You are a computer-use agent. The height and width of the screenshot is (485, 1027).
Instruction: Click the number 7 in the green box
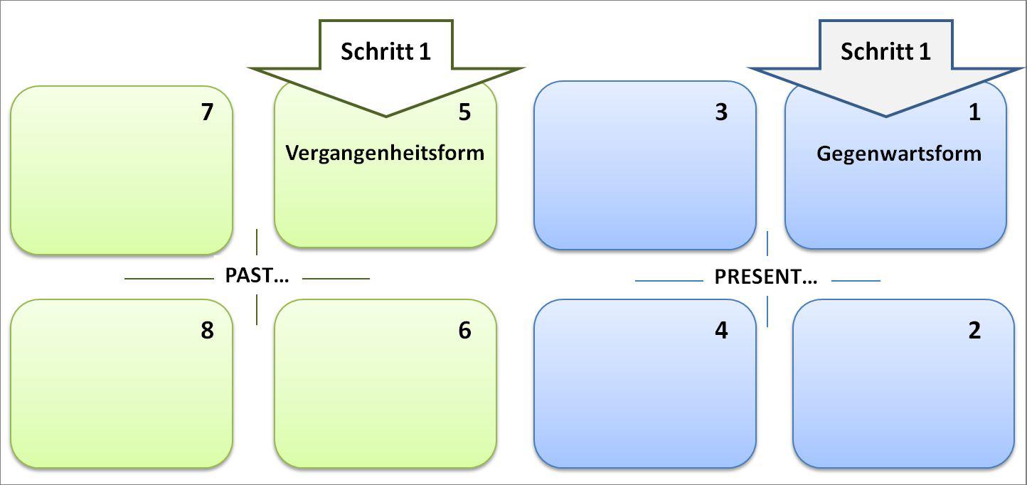click(x=207, y=112)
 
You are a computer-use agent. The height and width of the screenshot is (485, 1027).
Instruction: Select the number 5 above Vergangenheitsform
click(x=464, y=112)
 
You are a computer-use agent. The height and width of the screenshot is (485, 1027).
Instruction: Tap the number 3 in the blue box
click(x=721, y=112)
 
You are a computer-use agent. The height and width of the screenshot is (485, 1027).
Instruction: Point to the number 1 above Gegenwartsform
click(x=974, y=112)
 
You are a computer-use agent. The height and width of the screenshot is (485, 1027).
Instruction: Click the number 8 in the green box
click(x=207, y=331)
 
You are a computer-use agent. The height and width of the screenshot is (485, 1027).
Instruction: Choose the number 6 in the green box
click(x=464, y=331)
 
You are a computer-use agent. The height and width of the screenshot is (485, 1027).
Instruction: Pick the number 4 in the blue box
click(x=721, y=331)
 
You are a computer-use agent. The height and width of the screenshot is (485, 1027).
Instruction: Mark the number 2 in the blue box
click(x=974, y=331)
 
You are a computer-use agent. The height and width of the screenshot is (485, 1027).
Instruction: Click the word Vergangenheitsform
click(x=385, y=153)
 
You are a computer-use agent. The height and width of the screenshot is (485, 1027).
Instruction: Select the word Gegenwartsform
click(x=898, y=154)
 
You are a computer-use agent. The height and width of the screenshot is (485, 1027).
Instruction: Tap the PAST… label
click(x=257, y=276)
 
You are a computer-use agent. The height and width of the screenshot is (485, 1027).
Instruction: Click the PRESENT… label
click(x=766, y=277)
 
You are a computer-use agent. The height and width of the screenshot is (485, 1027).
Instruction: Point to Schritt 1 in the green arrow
click(x=385, y=51)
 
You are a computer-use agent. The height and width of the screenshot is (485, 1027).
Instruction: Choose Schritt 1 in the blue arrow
click(x=885, y=51)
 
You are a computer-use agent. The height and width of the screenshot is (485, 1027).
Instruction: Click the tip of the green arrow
click(x=386, y=114)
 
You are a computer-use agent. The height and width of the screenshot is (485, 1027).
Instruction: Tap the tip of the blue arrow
click(x=886, y=114)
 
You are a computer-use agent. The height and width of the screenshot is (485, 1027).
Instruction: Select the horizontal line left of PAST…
click(x=170, y=279)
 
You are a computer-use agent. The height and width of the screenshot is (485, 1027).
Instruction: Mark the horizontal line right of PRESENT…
click(x=856, y=281)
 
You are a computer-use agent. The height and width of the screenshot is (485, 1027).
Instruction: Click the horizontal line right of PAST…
click(x=336, y=279)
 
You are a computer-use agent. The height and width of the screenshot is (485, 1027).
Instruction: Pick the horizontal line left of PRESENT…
click(x=669, y=281)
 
